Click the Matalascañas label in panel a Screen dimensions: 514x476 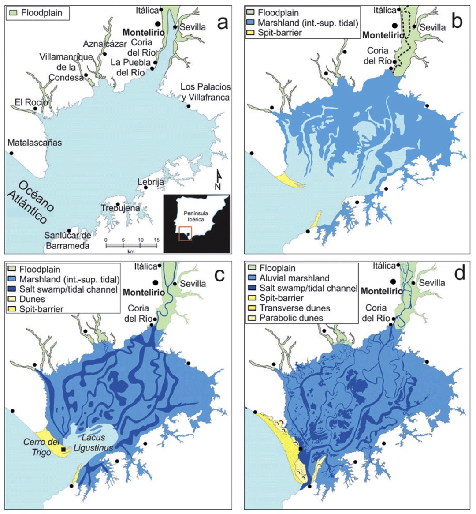coord(35,143)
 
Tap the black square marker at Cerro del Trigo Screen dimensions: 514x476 coord(64,449)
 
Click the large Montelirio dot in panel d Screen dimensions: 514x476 coord(393,281)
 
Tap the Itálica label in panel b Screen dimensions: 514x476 coord(384,9)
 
